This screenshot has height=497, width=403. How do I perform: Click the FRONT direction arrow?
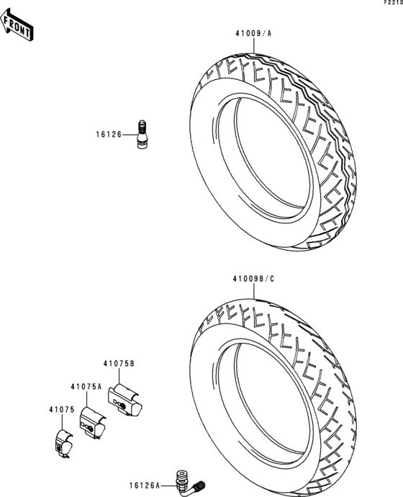18,27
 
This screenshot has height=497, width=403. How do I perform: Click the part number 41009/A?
252,33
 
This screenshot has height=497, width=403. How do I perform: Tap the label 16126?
110,133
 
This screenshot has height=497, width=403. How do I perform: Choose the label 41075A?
86,387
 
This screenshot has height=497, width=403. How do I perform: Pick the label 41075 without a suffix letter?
61,409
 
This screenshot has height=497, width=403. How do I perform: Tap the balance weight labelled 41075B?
125,400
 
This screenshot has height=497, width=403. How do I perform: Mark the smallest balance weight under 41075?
65,442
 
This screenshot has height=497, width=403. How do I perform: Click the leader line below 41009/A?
253,45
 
